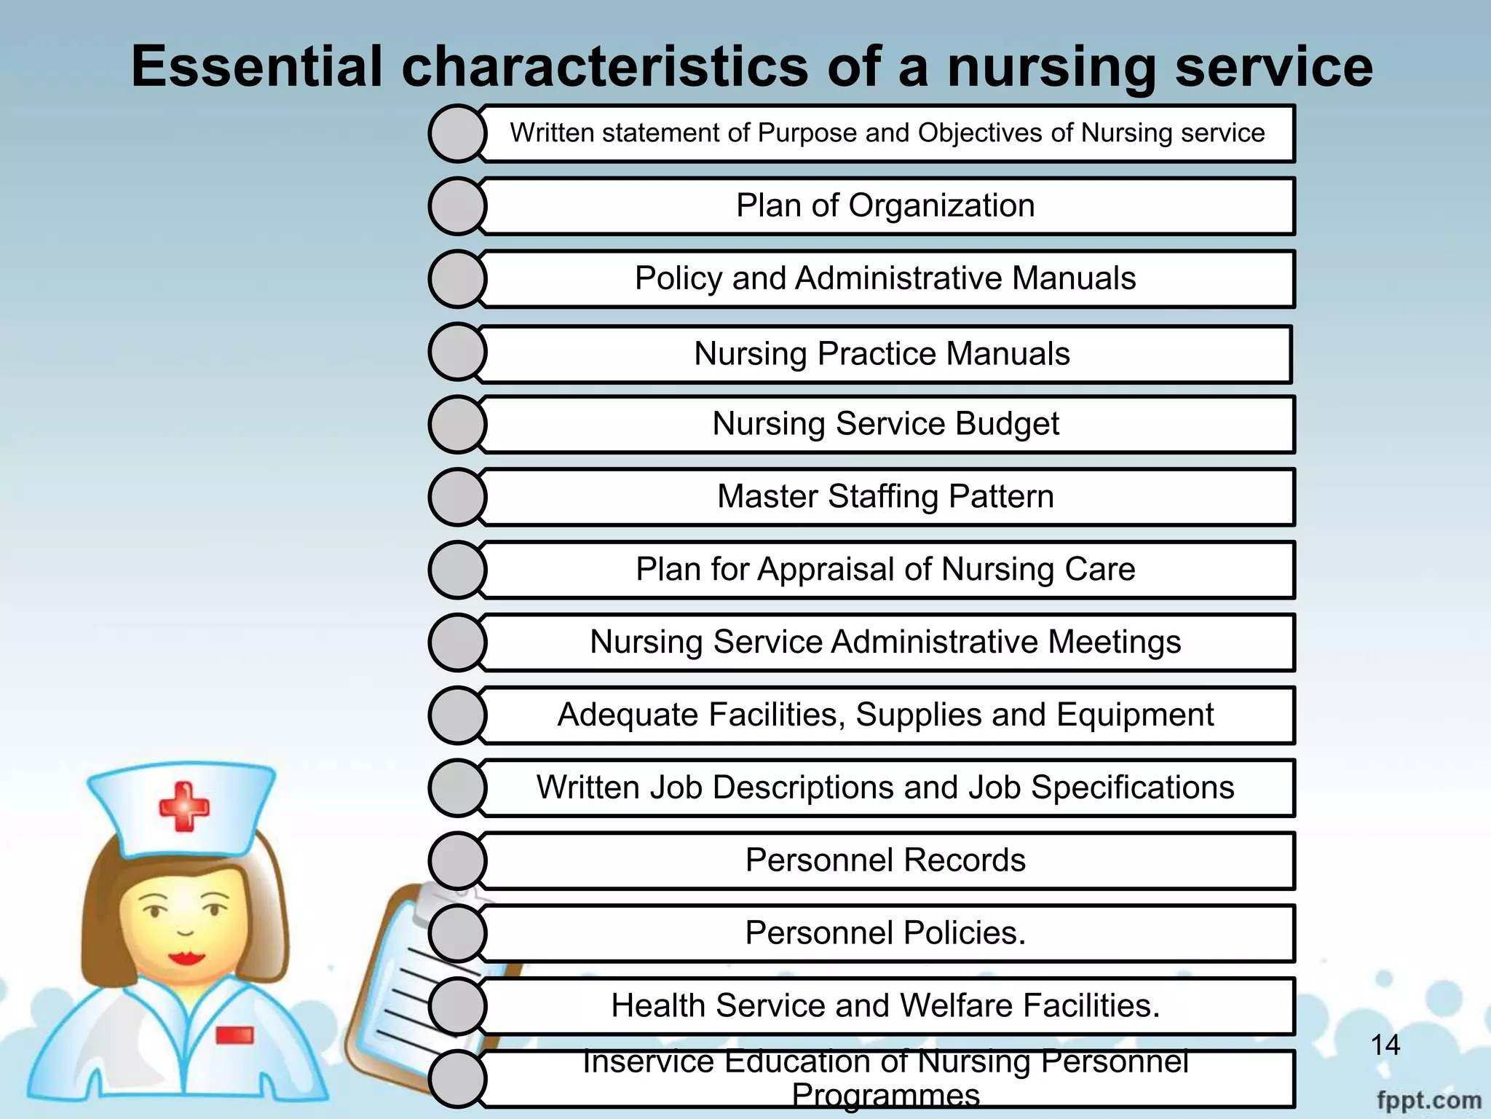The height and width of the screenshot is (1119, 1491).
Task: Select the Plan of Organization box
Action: (x=885, y=205)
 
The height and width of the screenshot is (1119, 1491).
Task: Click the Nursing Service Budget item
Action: (x=885, y=424)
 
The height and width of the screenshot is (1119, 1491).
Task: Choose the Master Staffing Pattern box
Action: (x=885, y=497)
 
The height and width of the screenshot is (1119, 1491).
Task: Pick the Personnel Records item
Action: (x=885, y=860)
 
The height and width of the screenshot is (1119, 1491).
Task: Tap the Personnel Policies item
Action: (x=885, y=933)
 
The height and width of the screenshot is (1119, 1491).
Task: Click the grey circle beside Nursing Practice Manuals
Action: (x=457, y=352)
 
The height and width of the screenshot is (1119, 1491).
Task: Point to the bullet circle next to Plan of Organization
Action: (x=457, y=206)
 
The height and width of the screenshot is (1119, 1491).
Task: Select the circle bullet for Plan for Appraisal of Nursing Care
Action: (x=457, y=570)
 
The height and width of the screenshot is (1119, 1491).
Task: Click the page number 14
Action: (x=1385, y=1045)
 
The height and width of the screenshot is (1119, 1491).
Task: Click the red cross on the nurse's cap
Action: (x=184, y=806)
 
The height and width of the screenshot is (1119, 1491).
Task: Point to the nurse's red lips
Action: (x=186, y=957)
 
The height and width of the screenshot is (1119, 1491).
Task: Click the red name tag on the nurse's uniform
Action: (x=234, y=1035)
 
